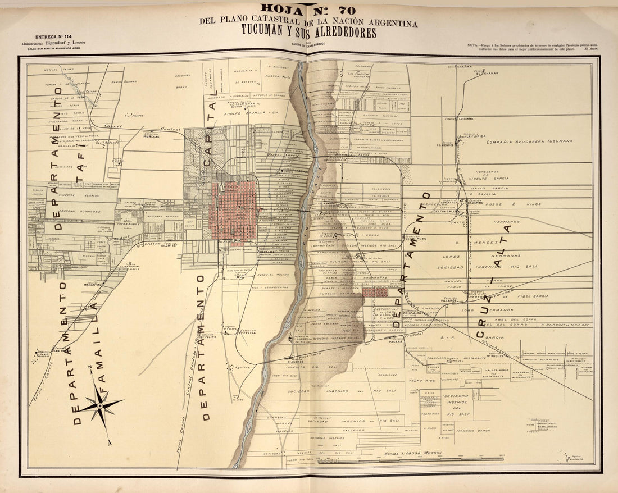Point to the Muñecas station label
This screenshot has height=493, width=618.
coord(151,135)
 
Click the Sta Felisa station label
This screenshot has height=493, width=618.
coord(247,332)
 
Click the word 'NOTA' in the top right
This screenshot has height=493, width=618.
coord(474,44)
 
